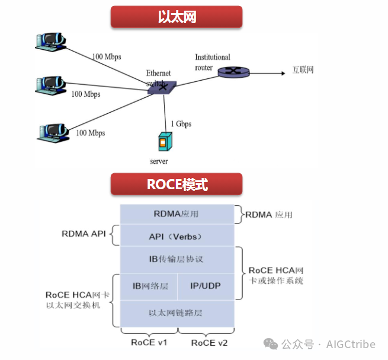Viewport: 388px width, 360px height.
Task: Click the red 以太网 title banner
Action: pos(177,17)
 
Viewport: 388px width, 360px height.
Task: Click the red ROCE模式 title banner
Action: pos(177,184)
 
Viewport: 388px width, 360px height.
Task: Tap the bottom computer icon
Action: pos(52,132)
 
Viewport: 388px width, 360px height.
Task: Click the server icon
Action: pos(163,143)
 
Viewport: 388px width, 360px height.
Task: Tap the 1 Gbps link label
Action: pos(181,124)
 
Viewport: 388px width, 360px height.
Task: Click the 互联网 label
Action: pos(303,71)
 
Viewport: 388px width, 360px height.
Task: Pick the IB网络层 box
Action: pos(150,286)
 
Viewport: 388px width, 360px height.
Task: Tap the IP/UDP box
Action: pos(206,286)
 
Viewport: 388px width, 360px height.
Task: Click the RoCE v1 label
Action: pos(148,342)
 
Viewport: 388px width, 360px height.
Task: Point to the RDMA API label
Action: pos(83,234)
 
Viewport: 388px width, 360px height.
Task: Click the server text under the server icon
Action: pos(159,161)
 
